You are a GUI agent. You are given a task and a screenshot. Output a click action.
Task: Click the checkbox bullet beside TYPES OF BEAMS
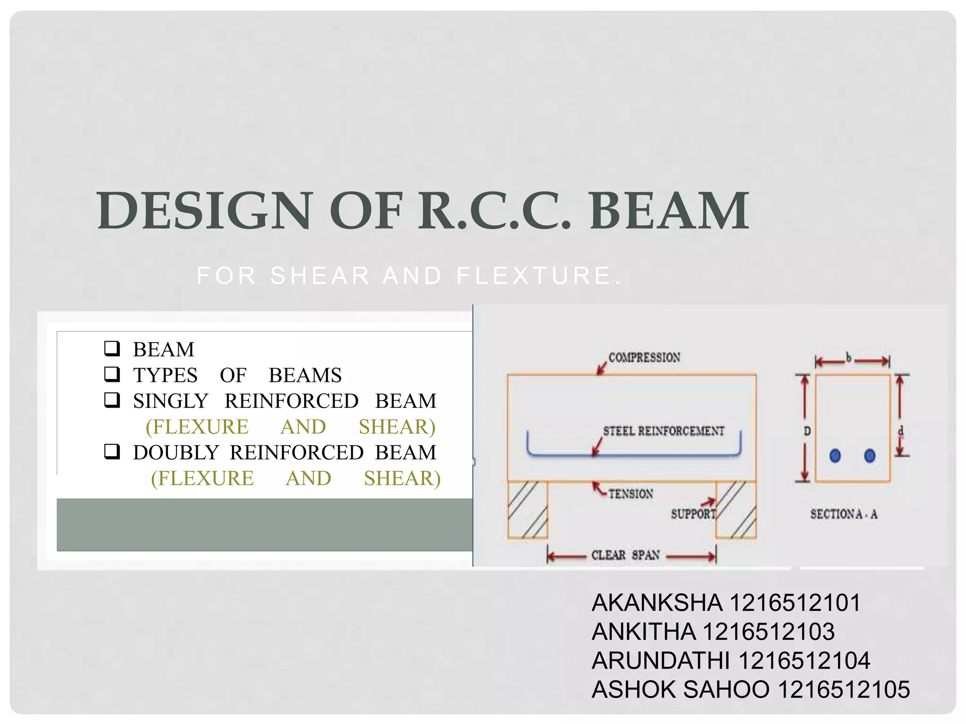pos(112,375)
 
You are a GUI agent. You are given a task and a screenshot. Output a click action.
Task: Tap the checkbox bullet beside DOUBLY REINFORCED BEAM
pos(112,452)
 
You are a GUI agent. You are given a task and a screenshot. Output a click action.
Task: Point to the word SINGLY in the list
pos(170,401)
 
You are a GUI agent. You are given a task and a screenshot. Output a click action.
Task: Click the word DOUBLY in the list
pos(175,452)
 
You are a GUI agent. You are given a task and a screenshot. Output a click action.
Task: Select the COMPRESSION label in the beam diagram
pos(644,358)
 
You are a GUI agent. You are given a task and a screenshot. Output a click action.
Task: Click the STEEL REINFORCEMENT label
pos(663,431)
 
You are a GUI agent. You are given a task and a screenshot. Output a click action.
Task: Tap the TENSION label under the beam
pos(631,494)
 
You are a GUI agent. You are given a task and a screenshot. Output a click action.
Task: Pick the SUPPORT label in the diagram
pos(693,514)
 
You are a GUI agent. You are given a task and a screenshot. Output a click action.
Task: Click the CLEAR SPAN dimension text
pos(625,555)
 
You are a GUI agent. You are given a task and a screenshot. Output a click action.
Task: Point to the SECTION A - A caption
pos(844,514)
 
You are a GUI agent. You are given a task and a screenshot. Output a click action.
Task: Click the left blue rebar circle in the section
pos(835,456)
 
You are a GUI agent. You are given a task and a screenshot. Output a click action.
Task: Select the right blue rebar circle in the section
pos(870,456)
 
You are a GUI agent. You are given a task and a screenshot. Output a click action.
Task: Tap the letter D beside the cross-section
pos(807,431)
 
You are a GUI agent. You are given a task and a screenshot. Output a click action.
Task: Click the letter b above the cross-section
pos(849,358)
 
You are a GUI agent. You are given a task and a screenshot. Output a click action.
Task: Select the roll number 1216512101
pos(795,603)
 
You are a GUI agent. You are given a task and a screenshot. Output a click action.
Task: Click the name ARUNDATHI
pos(660,660)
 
